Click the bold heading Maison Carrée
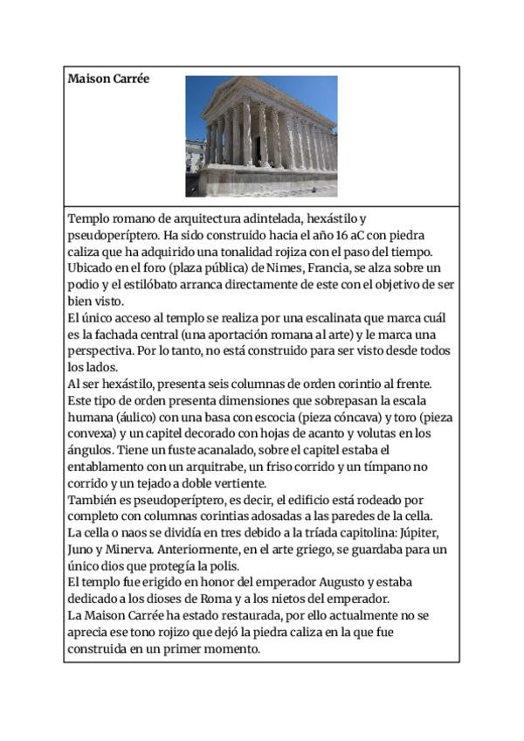(108, 79)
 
